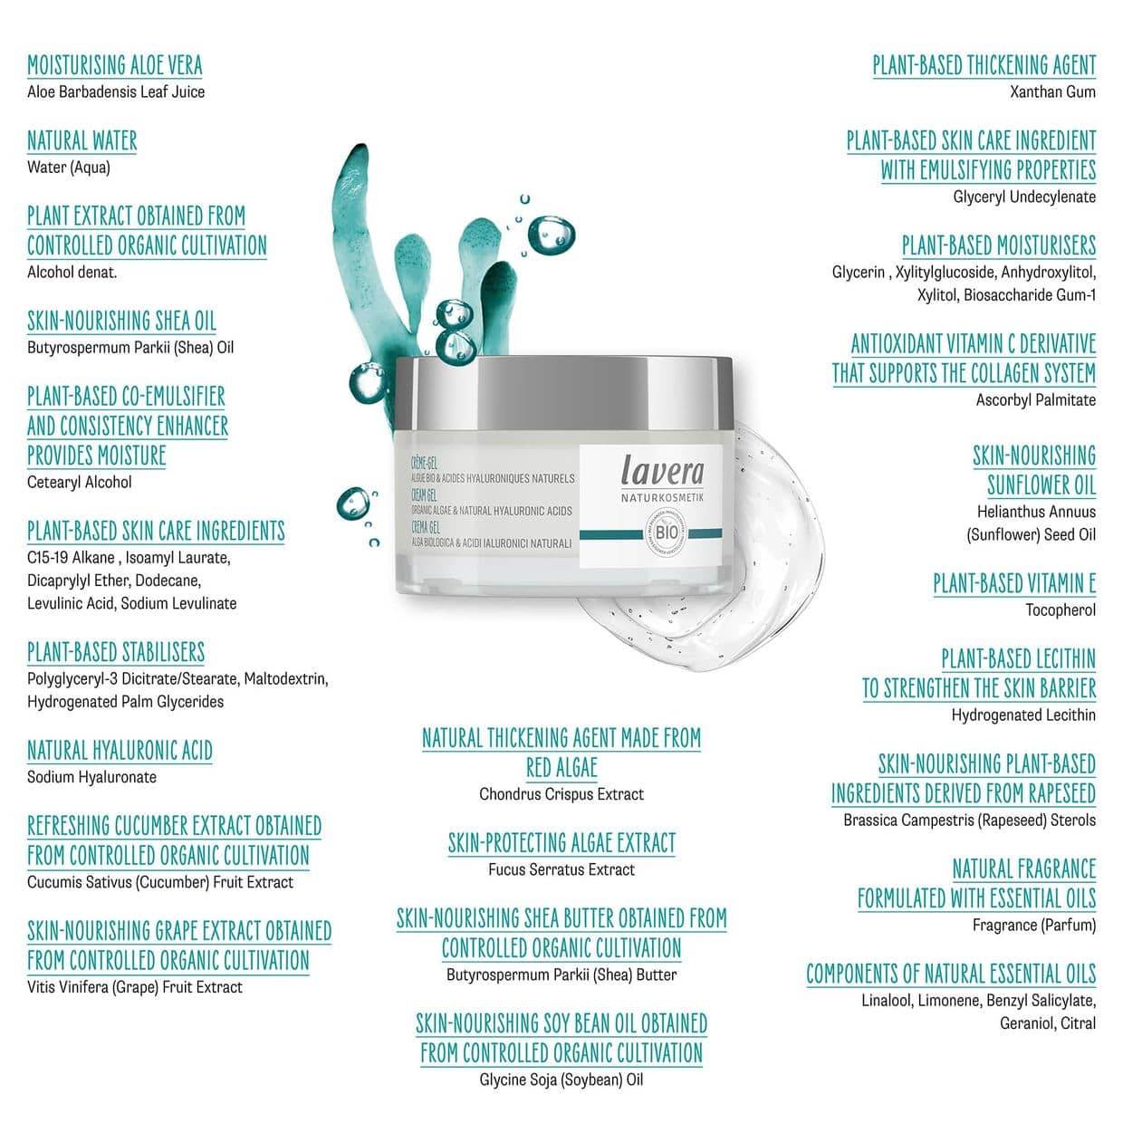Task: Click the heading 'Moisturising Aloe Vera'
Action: [115, 65]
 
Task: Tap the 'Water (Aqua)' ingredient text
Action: [69, 168]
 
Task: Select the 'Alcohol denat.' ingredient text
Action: [72, 273]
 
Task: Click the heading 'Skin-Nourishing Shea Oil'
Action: [121, 322]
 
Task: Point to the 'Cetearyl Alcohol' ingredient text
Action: [80, 483]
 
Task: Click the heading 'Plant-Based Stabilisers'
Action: [116, 652]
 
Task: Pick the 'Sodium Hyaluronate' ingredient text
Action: [91, 777]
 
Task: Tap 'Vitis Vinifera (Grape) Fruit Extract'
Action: [135, 987]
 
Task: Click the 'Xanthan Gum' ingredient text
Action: [1052, 91]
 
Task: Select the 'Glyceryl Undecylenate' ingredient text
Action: [1024, 197]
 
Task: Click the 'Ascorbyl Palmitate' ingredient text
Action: [1035, 399]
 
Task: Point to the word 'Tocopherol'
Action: [1060, 610]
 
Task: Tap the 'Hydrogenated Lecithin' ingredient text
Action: [1023, 715]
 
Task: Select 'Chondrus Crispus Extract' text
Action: [561, 794]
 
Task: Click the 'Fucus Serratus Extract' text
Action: [561, 869]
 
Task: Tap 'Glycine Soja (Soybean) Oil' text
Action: [561, 1080]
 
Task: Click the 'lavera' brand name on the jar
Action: [662, 470]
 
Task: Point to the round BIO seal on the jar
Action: [666, 533]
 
